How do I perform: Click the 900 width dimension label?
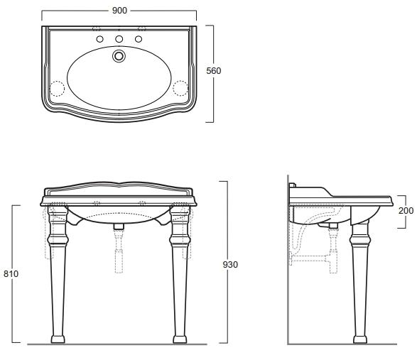(x=119, y=11)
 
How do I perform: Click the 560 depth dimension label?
(x=214, y=71)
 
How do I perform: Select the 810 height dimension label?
(x=11, y=273)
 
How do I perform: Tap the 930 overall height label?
(x=230, y=265)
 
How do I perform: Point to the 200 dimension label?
(x=406, y=211)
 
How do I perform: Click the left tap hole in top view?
(x=99, y=39)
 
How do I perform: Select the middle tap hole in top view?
(x=119, y=39)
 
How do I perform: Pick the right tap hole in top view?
(x=139, y=39)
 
